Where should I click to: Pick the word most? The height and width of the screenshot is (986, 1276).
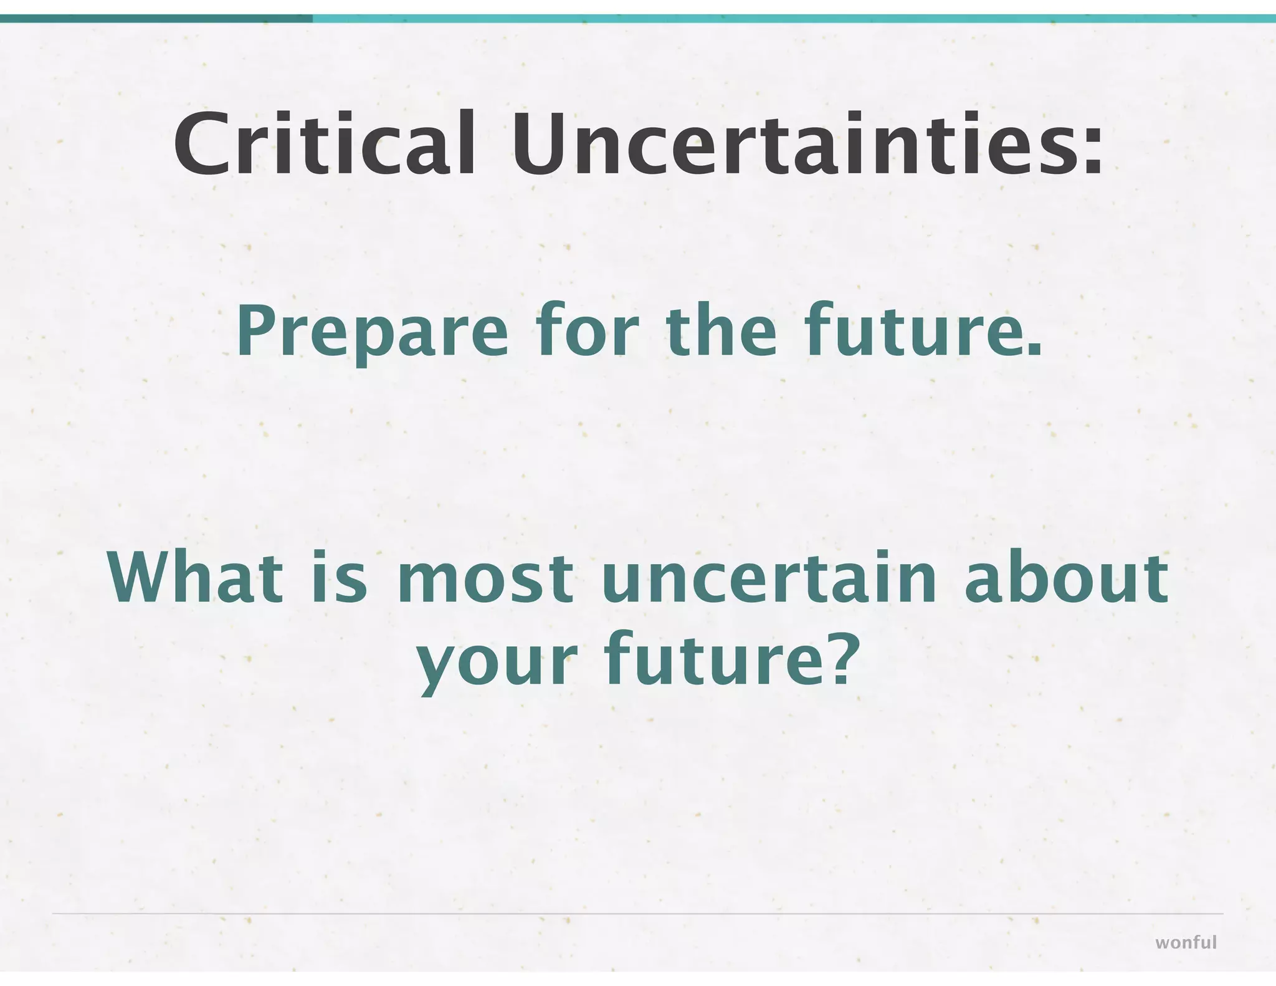[483, 580]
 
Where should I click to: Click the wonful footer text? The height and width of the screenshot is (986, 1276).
[1186, 942]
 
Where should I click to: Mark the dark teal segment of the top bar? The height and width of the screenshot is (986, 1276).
[156, 19]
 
